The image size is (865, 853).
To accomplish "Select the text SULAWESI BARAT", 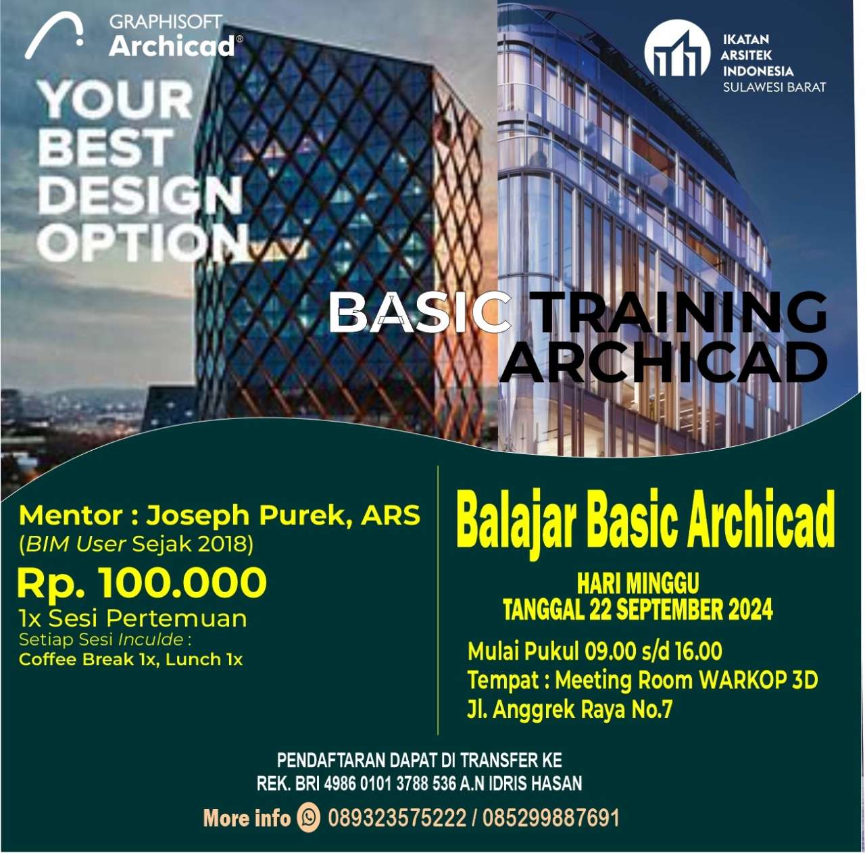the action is (x=774, y=87).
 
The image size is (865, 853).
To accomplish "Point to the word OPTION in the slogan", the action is (x=143, y=243).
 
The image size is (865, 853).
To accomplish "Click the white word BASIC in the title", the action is (x=420, y=313).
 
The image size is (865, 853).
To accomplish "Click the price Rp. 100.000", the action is (x=142, y=582).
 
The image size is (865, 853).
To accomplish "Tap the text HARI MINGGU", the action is (x=638, y=583).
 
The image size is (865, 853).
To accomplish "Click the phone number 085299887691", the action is (x=551, y=818).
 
